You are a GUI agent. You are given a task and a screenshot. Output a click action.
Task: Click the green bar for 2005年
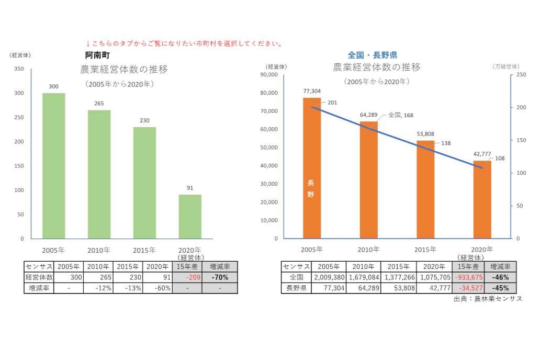pos(53,166)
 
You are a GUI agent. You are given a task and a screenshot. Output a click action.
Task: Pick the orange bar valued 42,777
pos(482,199)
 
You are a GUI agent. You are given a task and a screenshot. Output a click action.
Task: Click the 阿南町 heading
pos(98,54)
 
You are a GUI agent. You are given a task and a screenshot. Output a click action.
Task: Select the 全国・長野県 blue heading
pos(372,55)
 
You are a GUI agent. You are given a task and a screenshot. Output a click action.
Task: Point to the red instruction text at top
pos(184,44)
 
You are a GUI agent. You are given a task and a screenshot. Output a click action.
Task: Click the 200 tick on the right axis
pos(520,107)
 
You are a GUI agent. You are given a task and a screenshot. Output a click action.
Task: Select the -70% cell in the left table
pos(220,277)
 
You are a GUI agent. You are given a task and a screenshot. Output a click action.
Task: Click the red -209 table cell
pos(186,277)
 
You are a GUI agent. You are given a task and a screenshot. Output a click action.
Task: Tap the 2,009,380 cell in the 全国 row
pos(328,277)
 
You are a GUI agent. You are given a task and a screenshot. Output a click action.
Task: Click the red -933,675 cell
pos(468,277)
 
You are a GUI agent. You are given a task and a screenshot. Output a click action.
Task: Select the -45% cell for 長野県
pos(500,288)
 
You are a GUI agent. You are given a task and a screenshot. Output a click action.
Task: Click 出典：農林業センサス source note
pos(488,299)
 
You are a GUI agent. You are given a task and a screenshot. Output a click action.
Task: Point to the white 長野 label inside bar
pos(311,188)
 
